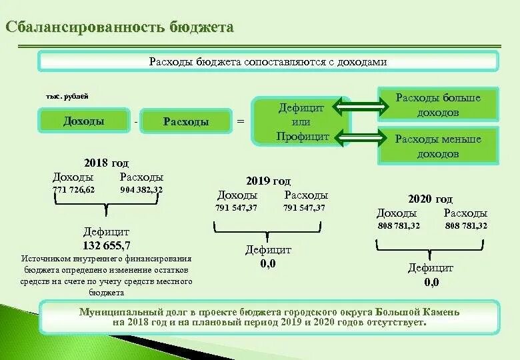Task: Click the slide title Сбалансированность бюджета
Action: tap(120, 27)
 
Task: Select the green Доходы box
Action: tap(84, 121)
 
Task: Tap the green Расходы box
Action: tap(186, 121)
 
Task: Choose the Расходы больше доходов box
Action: tap(438, 105)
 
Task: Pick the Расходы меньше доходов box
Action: tap(438, 146)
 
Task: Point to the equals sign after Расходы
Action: tap(241, 122)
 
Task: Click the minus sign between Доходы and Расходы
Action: tap(136, 122)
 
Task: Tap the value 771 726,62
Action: tap(74, 190)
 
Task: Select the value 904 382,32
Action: tap(141, 190)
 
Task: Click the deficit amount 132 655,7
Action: tap(107, 245)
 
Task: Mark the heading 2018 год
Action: tap(107, 163)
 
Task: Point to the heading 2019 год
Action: tap(269, 181)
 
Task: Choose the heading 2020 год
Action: tap(430, 199)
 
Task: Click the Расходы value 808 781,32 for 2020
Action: tap(466, 226)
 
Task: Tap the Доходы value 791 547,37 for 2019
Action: tap(236, 208)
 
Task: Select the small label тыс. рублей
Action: tap(67, 97)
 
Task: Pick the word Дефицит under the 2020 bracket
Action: tap(431, 268)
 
